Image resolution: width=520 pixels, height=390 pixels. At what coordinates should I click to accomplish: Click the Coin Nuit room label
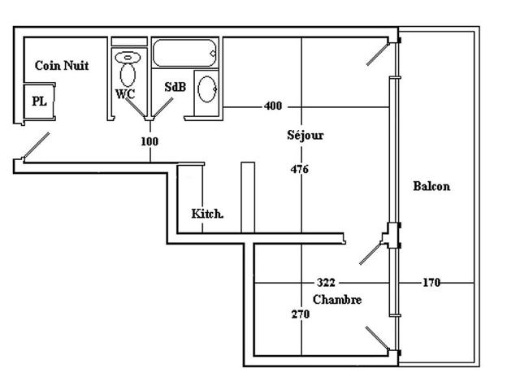(62, 66)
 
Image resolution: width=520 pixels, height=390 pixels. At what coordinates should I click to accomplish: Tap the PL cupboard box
(39, 101)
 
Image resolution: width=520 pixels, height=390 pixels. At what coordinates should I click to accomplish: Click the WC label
(124, 93)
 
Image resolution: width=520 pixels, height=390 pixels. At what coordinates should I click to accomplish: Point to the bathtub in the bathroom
(185, 54)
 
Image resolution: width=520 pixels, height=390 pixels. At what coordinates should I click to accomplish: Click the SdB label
(174, 86)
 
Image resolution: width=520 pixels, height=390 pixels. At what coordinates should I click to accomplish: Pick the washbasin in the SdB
(206, 89)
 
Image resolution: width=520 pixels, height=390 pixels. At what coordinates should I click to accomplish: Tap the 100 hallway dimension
(149, 141)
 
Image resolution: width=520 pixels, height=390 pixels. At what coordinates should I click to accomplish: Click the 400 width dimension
(274, 106)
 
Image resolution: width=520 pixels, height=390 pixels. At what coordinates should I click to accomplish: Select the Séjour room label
(305, 135)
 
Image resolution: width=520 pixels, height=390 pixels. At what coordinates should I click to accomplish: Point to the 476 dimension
(300, 170)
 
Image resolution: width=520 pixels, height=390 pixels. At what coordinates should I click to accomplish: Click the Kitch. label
(207, 214)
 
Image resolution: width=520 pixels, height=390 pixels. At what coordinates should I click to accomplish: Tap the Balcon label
(431, 186)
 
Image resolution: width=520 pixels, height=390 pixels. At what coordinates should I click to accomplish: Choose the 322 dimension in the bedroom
(325, 283)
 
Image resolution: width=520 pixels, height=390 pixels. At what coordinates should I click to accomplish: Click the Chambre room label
(337, 300)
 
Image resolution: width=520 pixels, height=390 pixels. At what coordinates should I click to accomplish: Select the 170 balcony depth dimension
(431, 283)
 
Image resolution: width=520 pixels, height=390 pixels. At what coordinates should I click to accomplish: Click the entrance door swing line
(36, 147)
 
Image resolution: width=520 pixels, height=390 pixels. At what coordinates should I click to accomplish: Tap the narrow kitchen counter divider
(248, 195)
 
